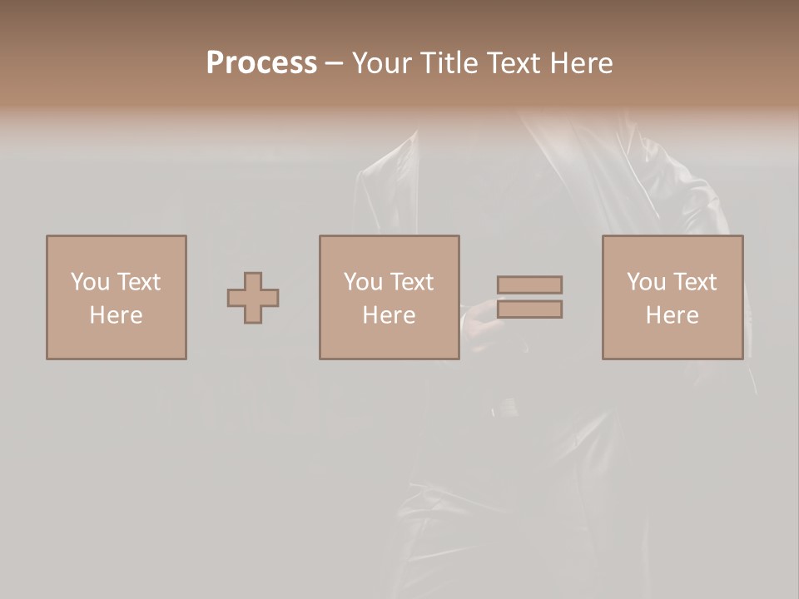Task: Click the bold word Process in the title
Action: click(261, 63)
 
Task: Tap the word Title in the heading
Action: click(449, 63)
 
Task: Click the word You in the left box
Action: click(90, 282)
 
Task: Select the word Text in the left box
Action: click(137, 282)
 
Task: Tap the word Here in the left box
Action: click(116, 315)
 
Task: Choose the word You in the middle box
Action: click(363, 282)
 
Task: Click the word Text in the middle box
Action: click(410, 282)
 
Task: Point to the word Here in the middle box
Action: click(389, 315)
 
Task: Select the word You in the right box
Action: click(646, 282)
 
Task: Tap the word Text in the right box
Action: click(693, 282)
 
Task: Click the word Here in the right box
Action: click(672, 315)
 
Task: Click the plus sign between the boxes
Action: click(253, 298)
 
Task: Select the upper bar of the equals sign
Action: click(529, 285)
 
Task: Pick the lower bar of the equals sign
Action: click(529, 309)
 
